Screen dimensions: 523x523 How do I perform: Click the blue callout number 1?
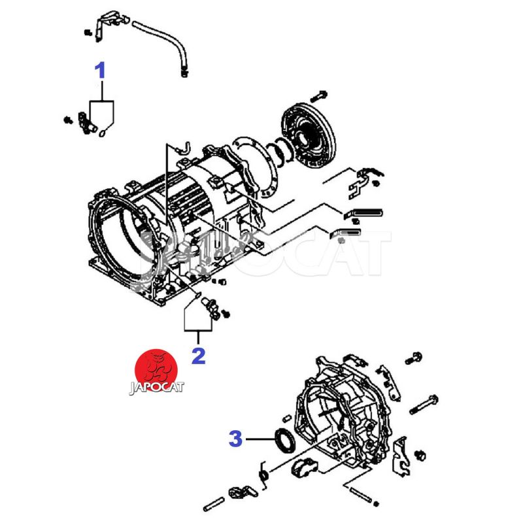coord(100,71)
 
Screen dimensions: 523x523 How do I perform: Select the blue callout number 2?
coord(199,356)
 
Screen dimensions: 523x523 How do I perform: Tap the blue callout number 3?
coord(235,439)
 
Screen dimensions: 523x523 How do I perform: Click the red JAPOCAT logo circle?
coord(156,370)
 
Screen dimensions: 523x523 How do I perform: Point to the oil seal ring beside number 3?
coord(284,441)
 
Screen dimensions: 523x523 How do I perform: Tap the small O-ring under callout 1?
coord(103,133)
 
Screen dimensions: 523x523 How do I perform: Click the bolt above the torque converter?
coord(318,96)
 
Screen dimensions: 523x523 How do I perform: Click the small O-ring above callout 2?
coord(197,295)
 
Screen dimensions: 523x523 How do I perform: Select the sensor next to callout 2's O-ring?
coord(210,308)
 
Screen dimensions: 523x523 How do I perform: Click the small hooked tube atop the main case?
coord(184,148)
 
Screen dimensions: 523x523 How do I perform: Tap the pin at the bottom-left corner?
coord(214,504)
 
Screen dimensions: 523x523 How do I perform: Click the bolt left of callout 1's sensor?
coord(69,120)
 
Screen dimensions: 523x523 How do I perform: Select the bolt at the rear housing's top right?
coord(414,358)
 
